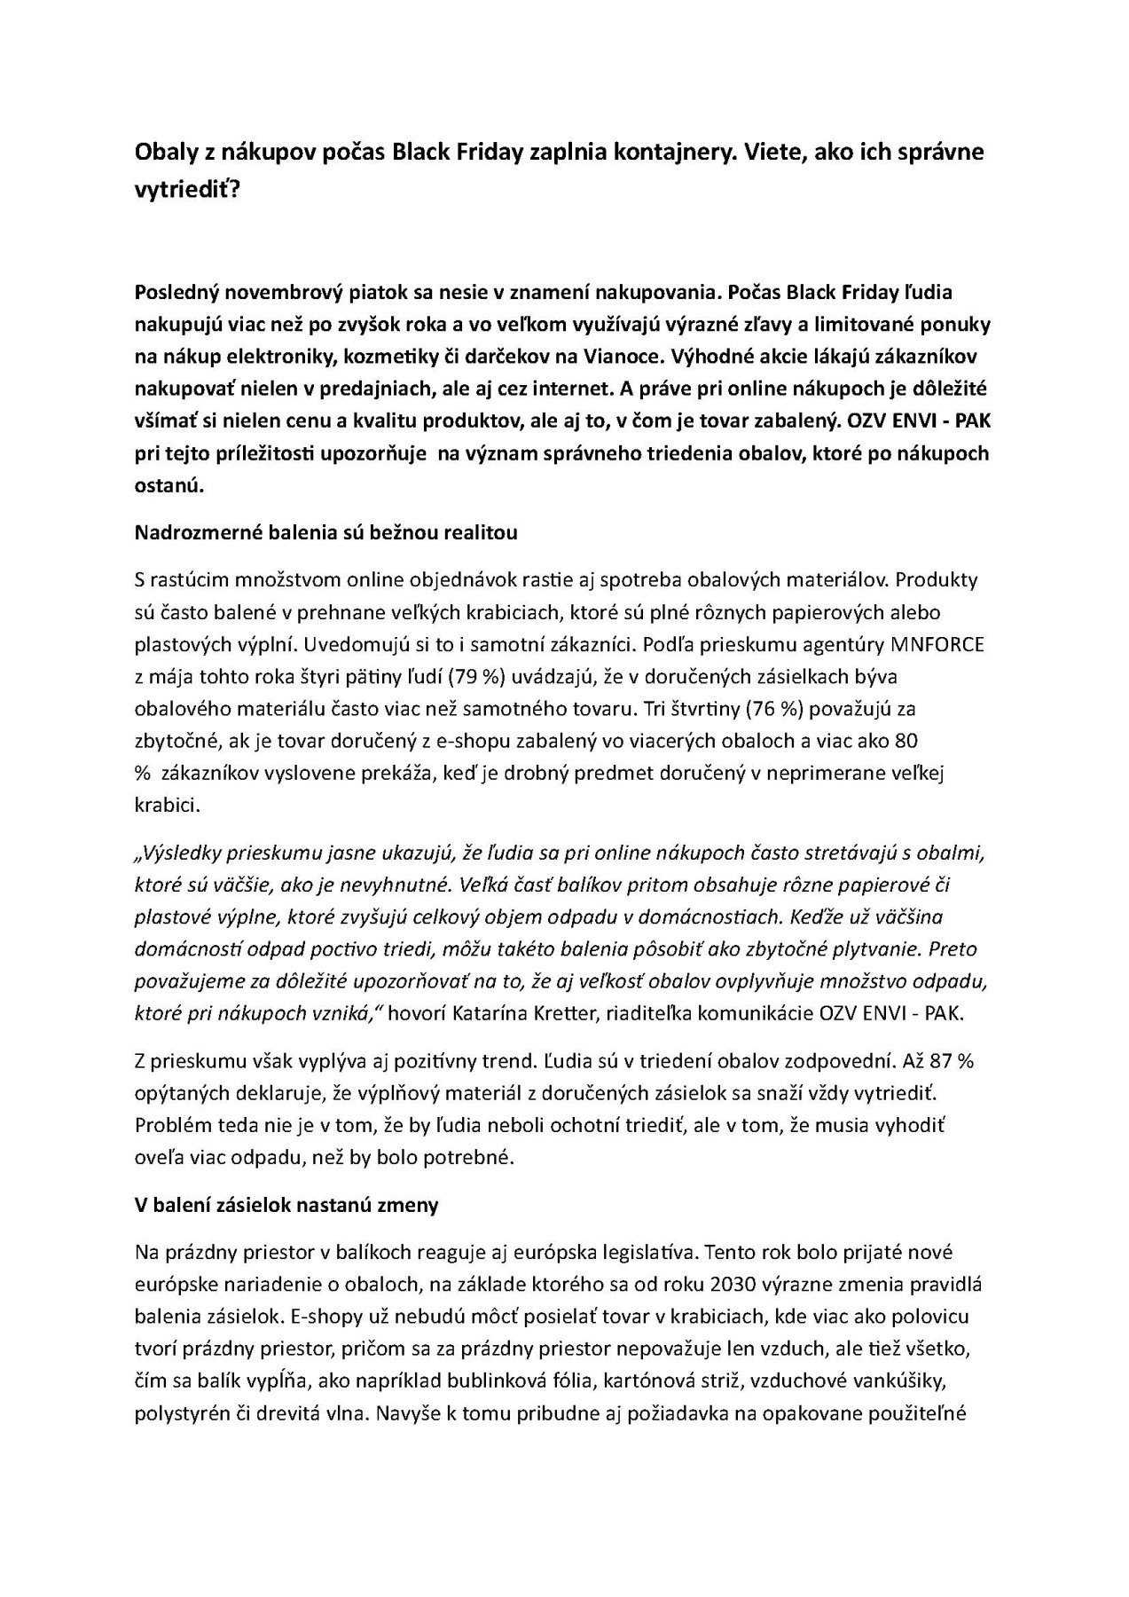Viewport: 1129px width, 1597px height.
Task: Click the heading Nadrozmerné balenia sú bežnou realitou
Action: pos(325,532)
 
